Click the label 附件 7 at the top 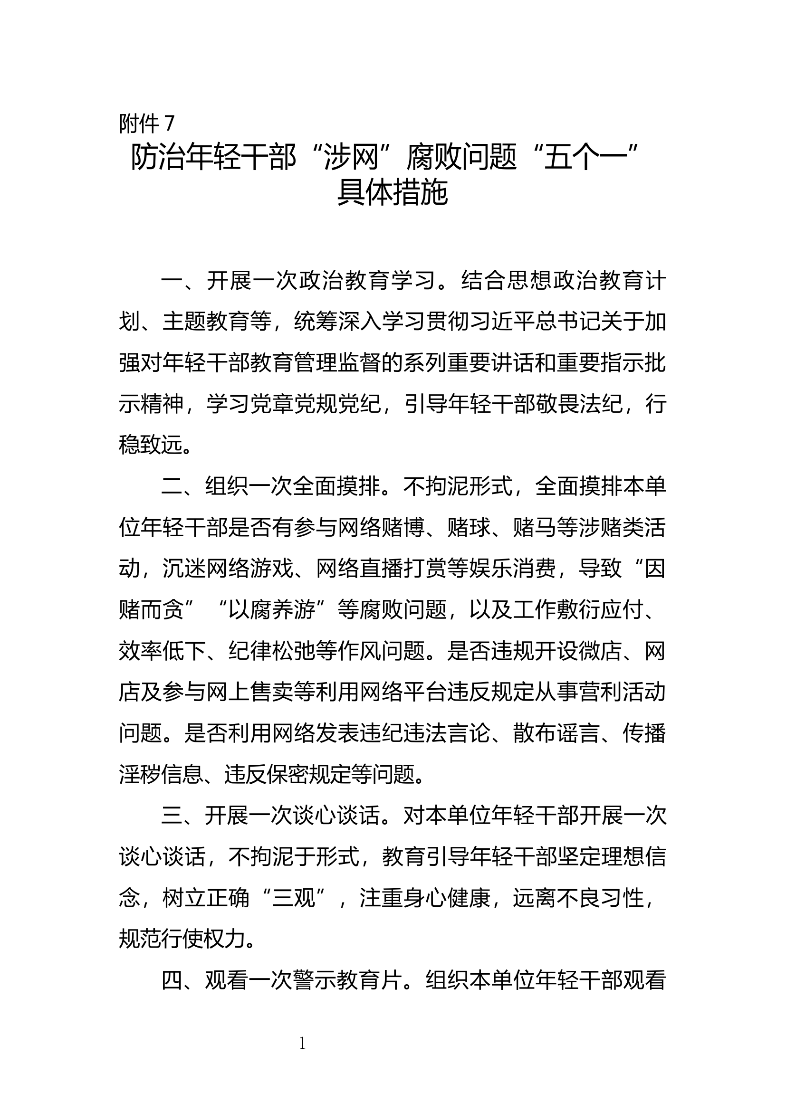point(146,124)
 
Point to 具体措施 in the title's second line point(393,192)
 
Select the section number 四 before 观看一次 point(173,980)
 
